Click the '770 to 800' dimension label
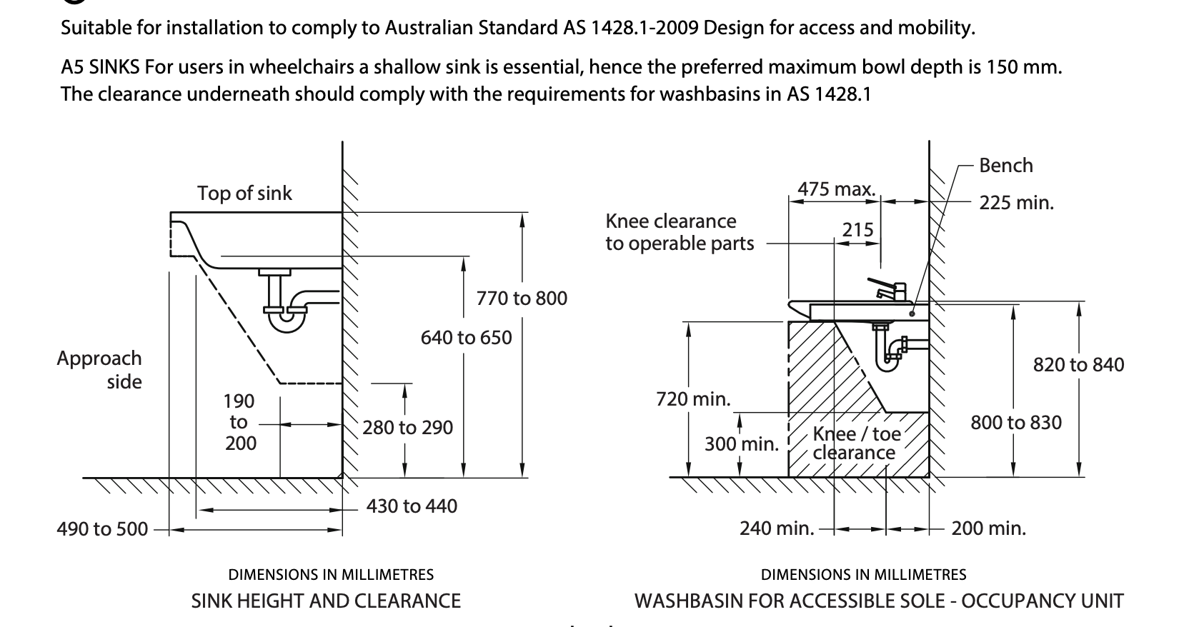click(522, 298)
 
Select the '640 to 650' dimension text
click(466, 337)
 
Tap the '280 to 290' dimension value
click(407, 427)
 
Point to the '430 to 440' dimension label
click(412, 506)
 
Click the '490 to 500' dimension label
click(102, 529)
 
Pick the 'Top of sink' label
click(244, 193)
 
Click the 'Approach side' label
click(100, 369)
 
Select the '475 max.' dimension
click(836, 189)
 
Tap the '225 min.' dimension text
click(1016, 203)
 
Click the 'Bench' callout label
click(1005, 165)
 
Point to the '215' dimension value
click(857, 229)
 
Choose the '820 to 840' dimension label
click(1078, 365)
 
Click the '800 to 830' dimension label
click(1015, 422)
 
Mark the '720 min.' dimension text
click(693, 398)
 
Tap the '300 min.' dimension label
click(741, 443)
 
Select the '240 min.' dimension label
click(777, 528)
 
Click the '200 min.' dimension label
click(988, 528)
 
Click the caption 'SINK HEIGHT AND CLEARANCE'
click(326, 601)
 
